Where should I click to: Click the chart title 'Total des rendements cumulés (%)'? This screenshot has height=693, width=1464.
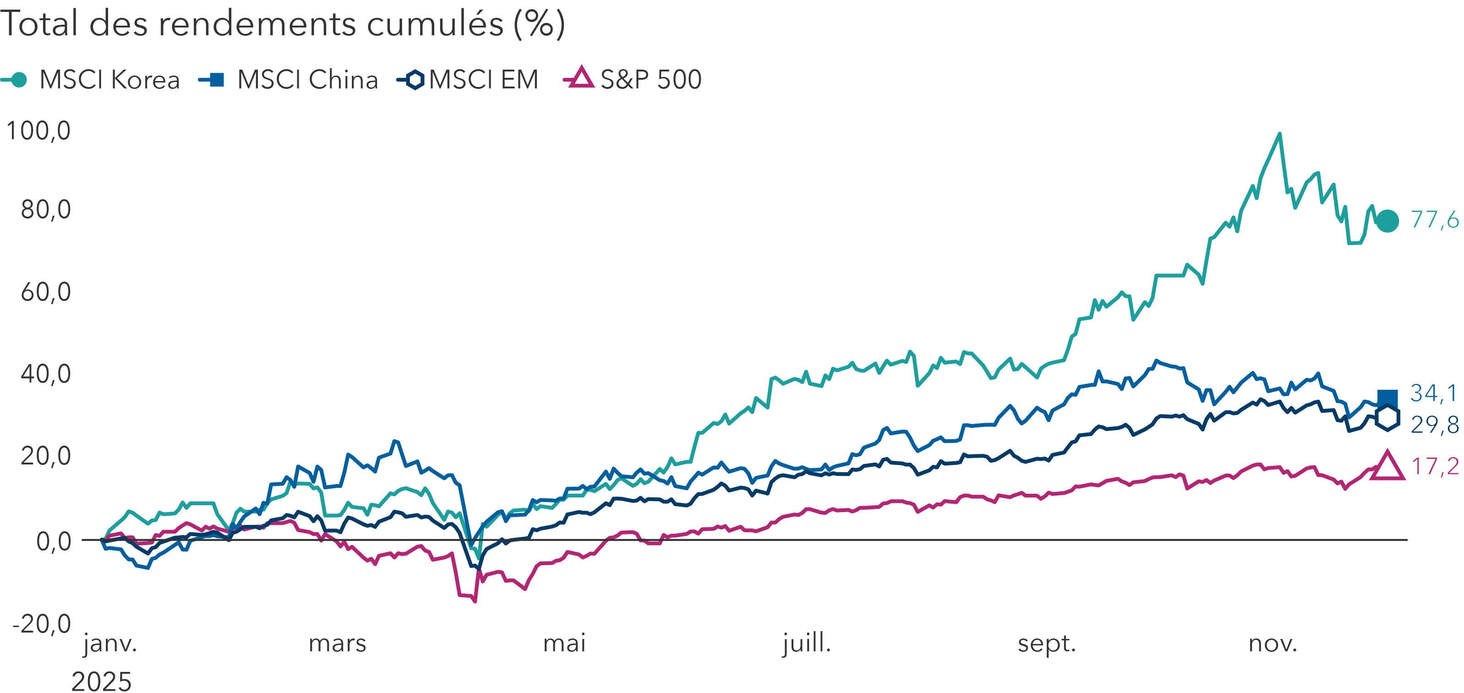pyautogui.click(x=283, y=24)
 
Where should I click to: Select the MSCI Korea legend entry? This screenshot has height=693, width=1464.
pyautogui.click(x=91, y=80)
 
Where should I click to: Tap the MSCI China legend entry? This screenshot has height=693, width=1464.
pyautogui.click(x=289, y=80)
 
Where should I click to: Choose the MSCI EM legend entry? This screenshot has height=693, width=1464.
pyautogui.click(x=468, y=80)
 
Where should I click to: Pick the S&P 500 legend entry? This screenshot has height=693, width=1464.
pyautogui.click(x=633, y=80)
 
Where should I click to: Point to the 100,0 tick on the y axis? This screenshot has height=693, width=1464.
pyautogui.click(x=38, y=131)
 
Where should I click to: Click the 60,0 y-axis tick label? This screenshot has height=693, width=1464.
pyautogui.click(x=45, y=292)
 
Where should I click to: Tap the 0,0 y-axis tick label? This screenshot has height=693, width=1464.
pyautogui.click(x=54, y=542)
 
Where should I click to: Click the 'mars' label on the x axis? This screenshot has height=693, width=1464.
pyautogui.click(x=337, y=644)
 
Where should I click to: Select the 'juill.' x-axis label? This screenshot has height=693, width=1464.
pyautogui.click(x=807, y=644)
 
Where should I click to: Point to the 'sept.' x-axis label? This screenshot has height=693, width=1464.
pyautogui.click(x=1047, y=644)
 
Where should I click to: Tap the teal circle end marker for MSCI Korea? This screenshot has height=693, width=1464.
pyautogui.click(x=1388, y=221)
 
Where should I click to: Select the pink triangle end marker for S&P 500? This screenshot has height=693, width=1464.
pyautogui.click(x=1388, y=467)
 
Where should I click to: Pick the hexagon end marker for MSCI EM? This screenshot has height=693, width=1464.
pyautogui.click(x=1388, y=418)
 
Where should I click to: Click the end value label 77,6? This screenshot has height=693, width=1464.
pyautogui.click(x=1434, y=219)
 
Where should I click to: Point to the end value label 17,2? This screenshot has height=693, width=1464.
pyautogui.click(x=1434, y=467)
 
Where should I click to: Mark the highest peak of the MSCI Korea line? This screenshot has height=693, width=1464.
pyautogui.click(x=1279, y=134)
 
